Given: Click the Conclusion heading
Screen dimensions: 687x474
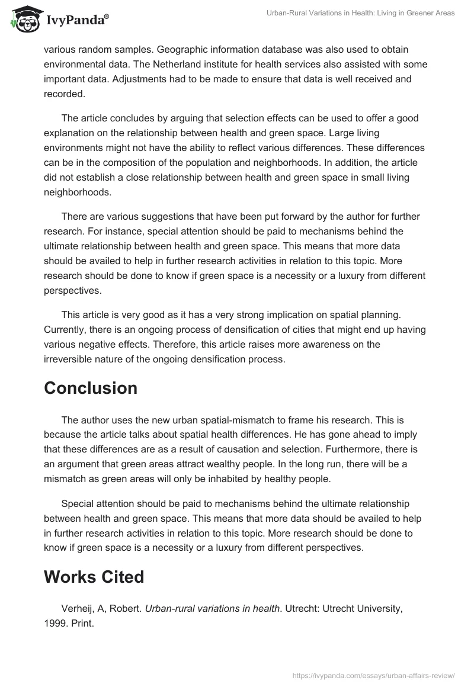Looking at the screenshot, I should point(91,388).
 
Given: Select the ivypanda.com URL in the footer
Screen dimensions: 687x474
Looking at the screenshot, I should point(374,675).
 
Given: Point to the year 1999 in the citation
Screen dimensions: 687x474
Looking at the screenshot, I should point(55,624).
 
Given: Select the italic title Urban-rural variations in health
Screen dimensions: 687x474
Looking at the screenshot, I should point(212,608).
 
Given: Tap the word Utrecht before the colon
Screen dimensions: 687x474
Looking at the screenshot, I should point(302,608).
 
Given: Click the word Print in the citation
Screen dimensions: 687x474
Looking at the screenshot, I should point(82,624).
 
